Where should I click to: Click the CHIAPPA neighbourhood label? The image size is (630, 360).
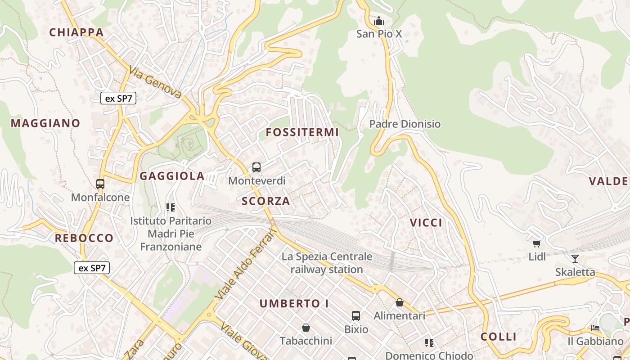coord(76,32)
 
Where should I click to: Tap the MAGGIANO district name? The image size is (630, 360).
coord(45,123)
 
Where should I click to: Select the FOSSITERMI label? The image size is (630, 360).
coord(302,132)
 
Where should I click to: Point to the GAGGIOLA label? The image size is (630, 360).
coord(172,176)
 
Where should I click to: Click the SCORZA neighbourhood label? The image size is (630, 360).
coord(266,201)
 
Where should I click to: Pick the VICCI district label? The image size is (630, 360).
coord(426,223)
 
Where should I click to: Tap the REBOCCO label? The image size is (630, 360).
coord(84,238)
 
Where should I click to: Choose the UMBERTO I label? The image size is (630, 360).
coord(294,304)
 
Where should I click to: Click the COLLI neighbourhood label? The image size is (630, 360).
coord(499,337)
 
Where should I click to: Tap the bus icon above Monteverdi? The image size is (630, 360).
coord(256,167)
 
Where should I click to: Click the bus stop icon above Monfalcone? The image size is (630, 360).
coord(100,184)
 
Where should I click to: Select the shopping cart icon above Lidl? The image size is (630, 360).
coord(536,243)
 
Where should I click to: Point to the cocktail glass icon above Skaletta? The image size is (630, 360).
coord(575,258)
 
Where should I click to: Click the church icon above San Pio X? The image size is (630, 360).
coord(379,21)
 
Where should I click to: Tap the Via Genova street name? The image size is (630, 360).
coord(155,82)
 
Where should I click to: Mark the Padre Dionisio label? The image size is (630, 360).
coord(405,124)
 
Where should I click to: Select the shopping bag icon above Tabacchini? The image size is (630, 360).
coord(306,327)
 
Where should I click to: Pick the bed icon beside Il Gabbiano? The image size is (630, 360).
coord(595,328)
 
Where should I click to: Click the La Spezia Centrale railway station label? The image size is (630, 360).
coord(327,263)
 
